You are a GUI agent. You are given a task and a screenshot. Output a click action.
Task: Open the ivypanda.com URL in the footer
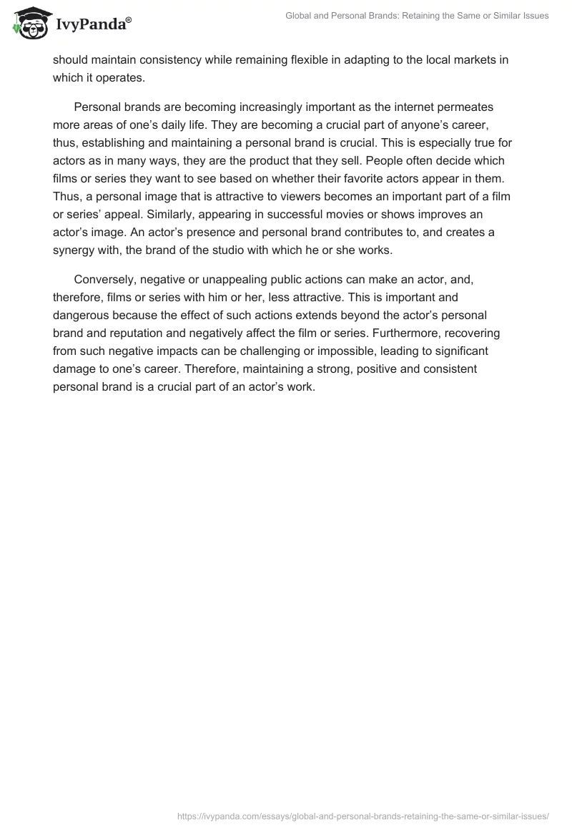363,815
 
